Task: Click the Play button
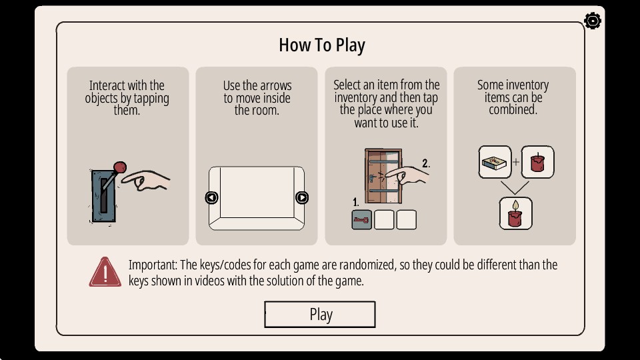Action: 319,314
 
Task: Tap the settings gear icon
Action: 592,21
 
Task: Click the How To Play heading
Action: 322,45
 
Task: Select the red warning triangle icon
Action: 105,272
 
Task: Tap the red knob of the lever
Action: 119,167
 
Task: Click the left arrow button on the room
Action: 211,197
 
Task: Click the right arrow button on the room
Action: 301,197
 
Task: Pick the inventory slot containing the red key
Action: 361,220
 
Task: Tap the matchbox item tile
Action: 495,162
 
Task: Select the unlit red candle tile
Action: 537,162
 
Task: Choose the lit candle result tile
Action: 515,213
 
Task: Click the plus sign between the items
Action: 516,162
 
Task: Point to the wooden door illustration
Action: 383,176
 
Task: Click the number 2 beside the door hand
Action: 426,163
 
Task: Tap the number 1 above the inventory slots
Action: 355,202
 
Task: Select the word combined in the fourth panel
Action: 513,109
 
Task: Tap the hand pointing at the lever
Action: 146,181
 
